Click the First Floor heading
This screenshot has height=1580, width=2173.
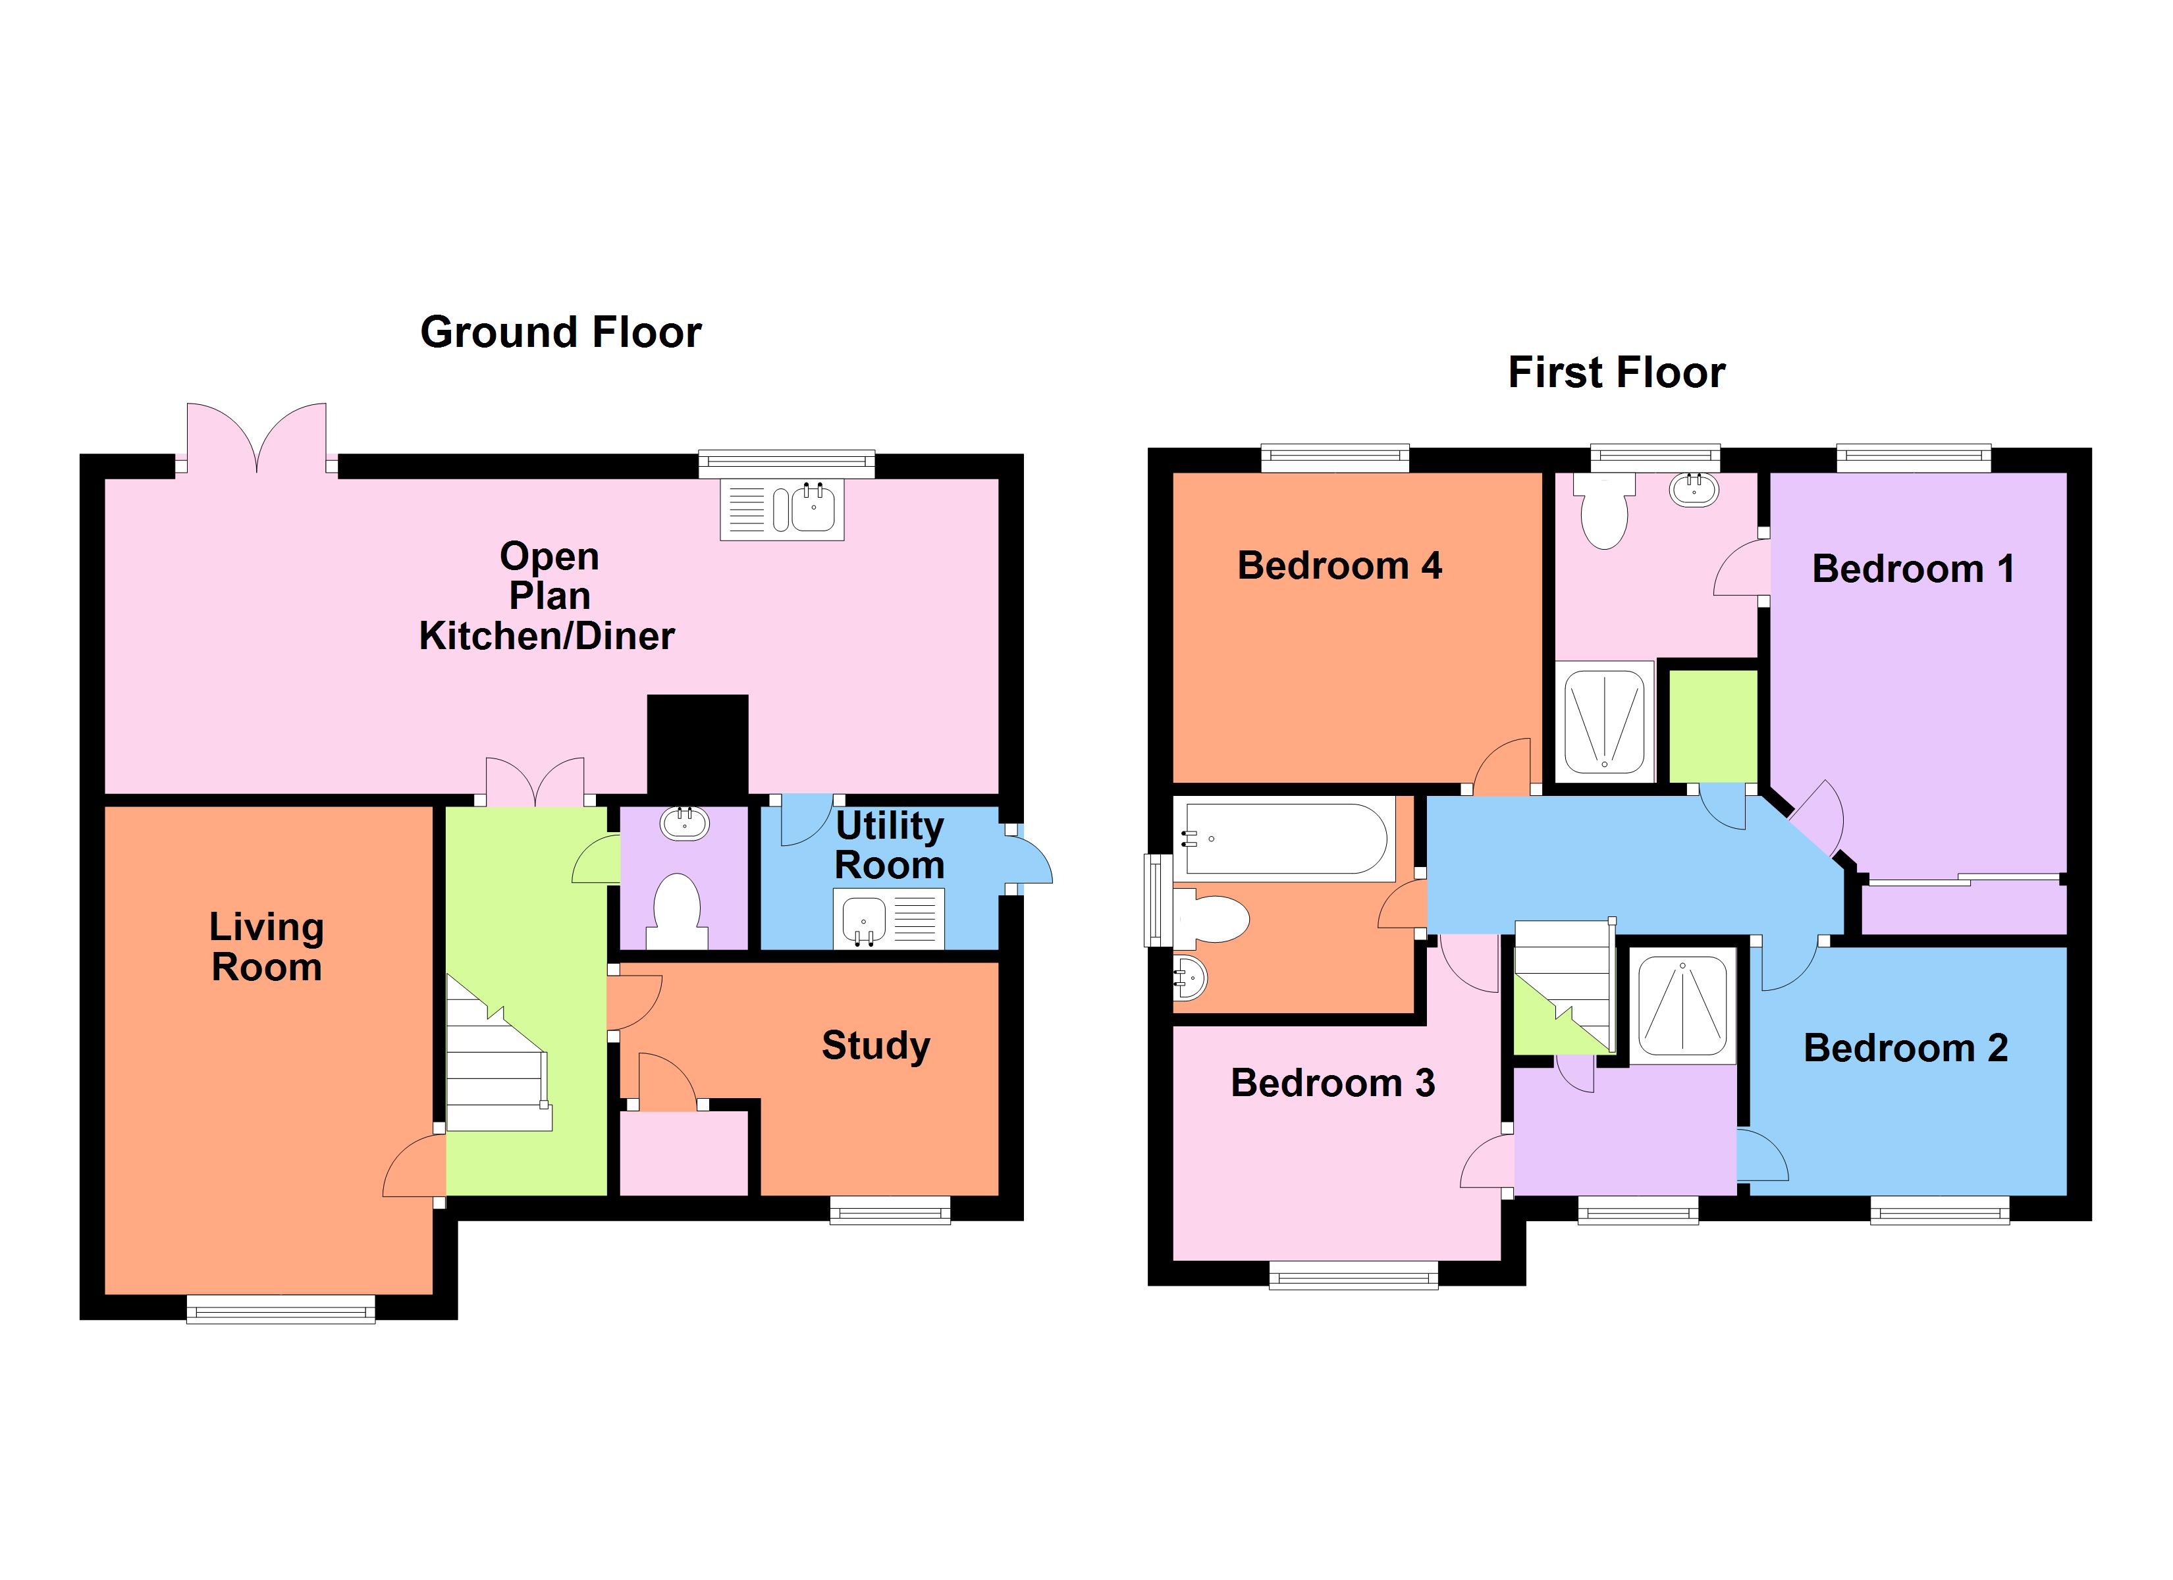(1617, 373)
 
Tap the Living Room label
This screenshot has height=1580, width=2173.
(266, 947)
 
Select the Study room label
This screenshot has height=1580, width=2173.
(874, 1045)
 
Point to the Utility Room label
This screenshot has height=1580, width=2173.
(889, 845)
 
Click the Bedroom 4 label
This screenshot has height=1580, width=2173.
(1339, 566)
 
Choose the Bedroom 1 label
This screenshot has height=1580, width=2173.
(1912, 569)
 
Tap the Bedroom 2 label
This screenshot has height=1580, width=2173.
(1905, 1048)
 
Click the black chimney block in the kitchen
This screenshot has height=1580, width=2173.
(697, 745)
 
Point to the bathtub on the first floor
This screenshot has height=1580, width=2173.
(1285, 839)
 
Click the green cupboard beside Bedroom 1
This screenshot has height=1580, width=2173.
(1713, 726)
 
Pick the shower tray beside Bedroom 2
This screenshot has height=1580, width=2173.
(1682, 1005)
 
